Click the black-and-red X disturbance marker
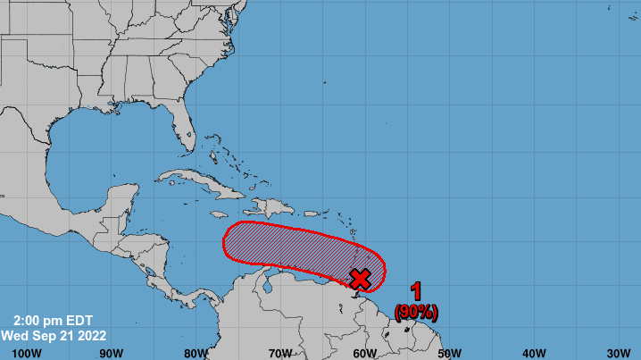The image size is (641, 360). [360, 279]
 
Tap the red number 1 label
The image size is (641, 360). [416, 291]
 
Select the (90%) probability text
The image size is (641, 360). [416, 311]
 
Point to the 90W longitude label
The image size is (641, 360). [112, 352]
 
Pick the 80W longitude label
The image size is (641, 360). [196, 352]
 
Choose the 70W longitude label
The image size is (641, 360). [280, 352]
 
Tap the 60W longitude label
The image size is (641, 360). [365, 352]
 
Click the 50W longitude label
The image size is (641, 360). [449, 352]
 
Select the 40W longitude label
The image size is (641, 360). [534, 352]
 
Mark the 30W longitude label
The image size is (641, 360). [618, 352]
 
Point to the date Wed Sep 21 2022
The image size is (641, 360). [55, 336]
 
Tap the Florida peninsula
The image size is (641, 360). [184, 130]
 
